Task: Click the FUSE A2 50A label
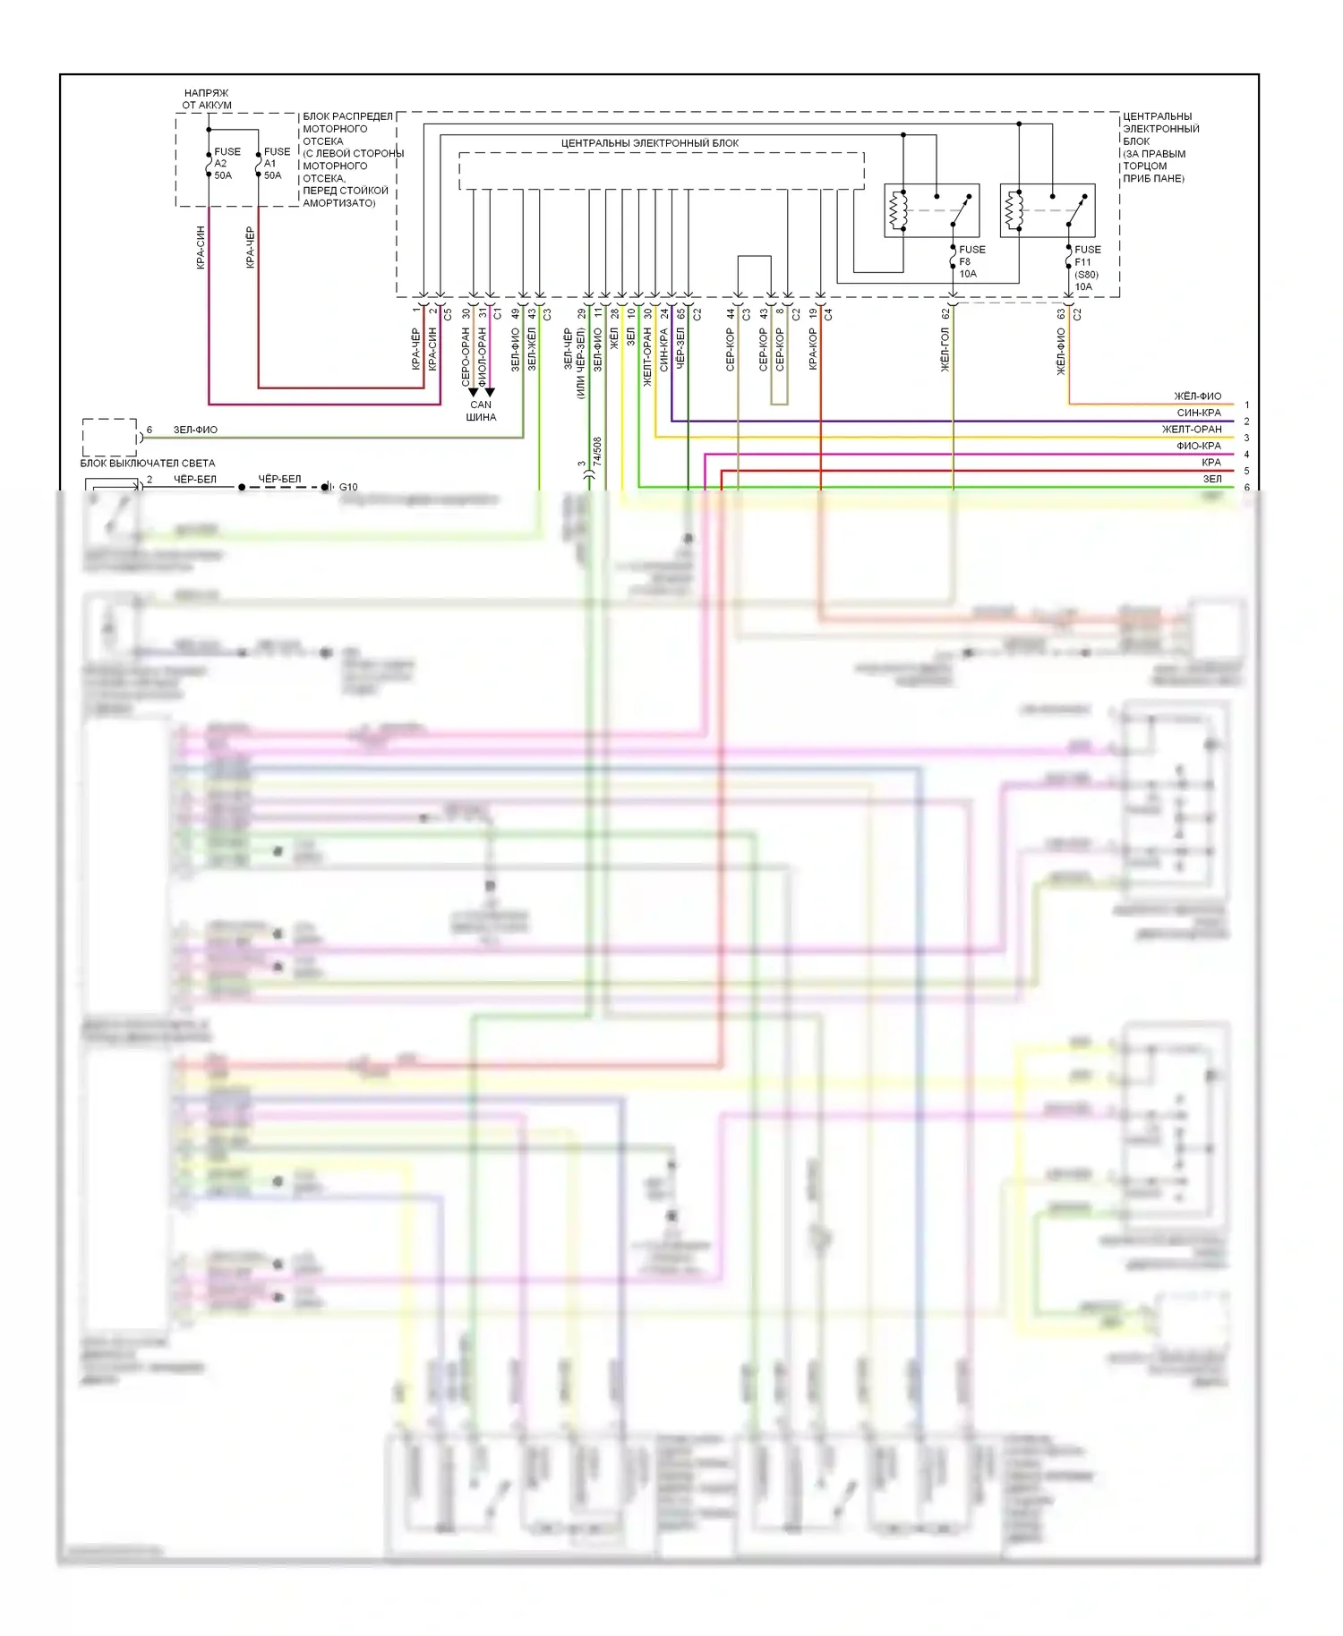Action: [226, 164]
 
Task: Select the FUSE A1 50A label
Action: [276, 164]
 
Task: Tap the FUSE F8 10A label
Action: [971, 261]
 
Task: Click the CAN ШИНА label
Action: [481, 411]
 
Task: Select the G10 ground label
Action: [348, 487]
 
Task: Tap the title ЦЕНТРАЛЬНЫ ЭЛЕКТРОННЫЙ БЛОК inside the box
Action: [650, 143]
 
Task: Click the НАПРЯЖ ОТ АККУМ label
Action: [207, 98]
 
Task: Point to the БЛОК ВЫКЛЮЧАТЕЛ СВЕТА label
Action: [148, 463]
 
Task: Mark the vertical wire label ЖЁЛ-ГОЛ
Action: [945, 349]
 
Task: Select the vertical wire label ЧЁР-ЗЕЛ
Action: [680, 349]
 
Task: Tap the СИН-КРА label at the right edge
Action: [1199, 413]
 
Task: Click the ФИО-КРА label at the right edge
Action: [1199, 446]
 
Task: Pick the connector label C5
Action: [449, 314]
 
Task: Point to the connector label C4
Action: [828, 314]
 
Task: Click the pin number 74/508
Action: [597, 451]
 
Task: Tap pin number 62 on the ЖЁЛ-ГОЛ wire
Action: [945, 314]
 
